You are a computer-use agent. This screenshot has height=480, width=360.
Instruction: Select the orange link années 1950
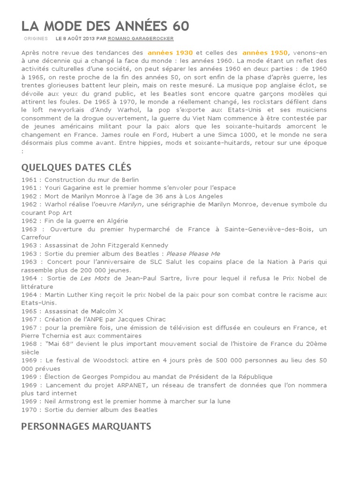click(x=265, y=53)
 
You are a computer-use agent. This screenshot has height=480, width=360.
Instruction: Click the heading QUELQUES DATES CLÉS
click(x=76, y=167)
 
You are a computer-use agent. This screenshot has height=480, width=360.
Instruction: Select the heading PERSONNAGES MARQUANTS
click(x=86, y=426)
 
